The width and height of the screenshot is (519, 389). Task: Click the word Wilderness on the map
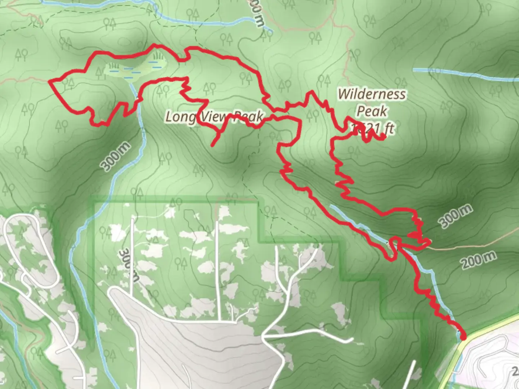(x=372, y=94)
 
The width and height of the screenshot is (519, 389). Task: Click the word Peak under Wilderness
(x=372, y=111)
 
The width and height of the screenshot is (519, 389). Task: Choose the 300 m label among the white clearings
(x=129, y=265)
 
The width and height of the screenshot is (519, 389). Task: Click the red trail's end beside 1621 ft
(x=383, y=137)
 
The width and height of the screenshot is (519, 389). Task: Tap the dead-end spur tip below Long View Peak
(x=213, y=145)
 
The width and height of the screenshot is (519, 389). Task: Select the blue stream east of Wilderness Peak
(x=465, y=75)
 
